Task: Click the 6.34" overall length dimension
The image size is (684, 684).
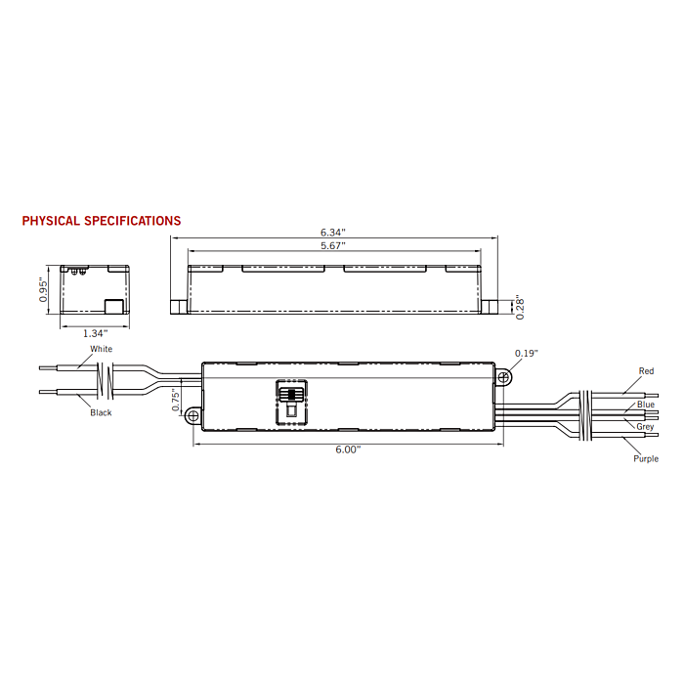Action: pos(333,233)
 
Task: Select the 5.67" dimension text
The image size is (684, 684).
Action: pos(333,245)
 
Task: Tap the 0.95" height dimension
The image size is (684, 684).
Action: pos(43,289)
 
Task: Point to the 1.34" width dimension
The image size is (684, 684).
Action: pos(95,333)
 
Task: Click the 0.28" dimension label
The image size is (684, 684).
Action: pos(520,309)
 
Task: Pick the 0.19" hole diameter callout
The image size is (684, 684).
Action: pos(527,353)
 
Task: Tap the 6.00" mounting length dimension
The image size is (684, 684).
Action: pos(348,449)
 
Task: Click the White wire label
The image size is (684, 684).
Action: pos(102,349)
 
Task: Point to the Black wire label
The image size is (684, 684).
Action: pos(101,412)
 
